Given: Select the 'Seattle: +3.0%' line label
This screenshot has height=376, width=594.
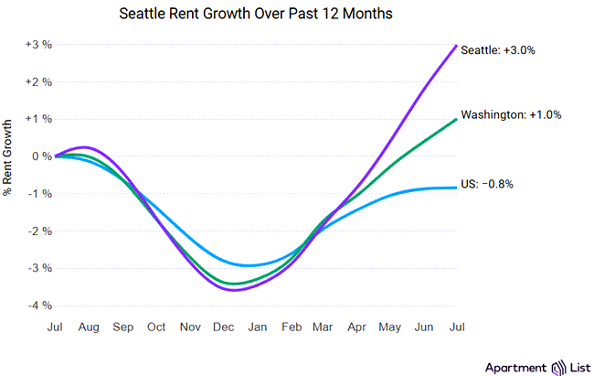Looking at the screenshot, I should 498,50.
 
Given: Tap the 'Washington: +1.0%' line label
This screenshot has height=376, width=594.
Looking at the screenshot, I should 510,115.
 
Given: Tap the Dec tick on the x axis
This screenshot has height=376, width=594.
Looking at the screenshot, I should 223,327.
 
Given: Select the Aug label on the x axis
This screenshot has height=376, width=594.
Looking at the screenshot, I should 89,327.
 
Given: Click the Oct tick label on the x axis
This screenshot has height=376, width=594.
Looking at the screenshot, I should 156,327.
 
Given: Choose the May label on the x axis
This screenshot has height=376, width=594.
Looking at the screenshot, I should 390,327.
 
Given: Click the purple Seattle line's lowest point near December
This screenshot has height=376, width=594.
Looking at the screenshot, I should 236,290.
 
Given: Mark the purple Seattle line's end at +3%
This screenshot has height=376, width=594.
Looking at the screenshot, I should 456,45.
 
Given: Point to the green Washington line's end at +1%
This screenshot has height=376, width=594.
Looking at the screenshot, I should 456,119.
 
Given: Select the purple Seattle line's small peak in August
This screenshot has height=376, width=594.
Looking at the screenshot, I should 84,147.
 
